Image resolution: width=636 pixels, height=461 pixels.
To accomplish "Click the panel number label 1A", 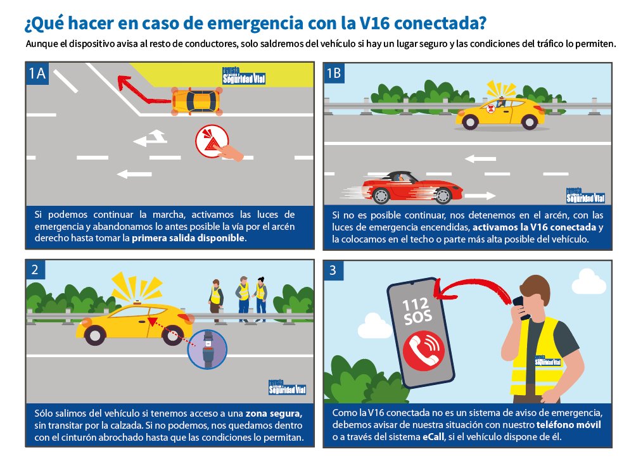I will coord(37,73).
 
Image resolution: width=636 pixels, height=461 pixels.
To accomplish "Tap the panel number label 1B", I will coord(334,73).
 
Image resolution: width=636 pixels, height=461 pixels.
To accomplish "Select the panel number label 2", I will coord(35,270).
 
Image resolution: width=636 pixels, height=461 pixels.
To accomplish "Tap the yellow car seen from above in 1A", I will coord(196,101).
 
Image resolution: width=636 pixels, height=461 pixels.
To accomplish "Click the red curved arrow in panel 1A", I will coord(137,89).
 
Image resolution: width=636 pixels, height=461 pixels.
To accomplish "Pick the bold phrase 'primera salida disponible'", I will coord(189,239).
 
